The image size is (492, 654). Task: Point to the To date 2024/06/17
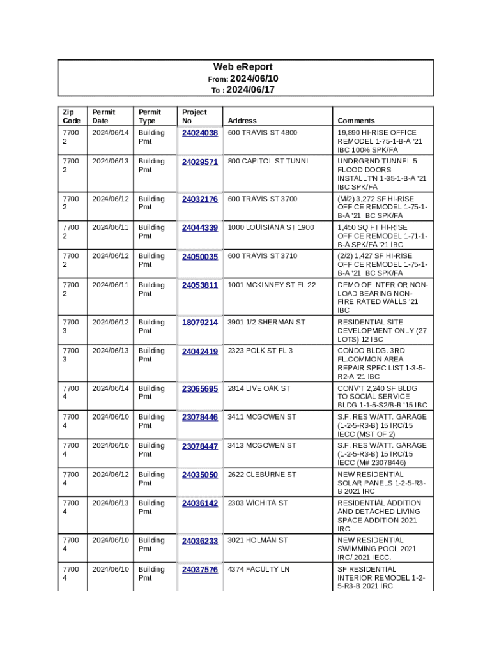pyautogui.click(x=252, y=90)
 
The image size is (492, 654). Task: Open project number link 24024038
pyautogui.click(x=199, y=133)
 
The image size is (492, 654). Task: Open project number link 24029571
pyautogui.click(x=199, y=162)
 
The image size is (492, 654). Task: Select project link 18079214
pyautogui.click(x=199, y=323)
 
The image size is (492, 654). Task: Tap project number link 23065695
pyautogui.click(x=199, y=388)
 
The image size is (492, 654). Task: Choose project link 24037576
pyautogui.click(x=199, y=569)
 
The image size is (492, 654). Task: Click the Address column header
pyautogui.click(x=242, y=121)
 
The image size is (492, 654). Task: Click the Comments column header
pyautogui.click(x=356, y=121)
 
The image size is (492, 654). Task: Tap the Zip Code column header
pyautogui.click(x=71, y=116)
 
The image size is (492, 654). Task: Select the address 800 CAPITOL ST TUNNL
pyautogui.click(x=268, y=162)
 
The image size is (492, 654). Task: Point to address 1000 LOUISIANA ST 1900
pyautogui.click(x=271, y=227)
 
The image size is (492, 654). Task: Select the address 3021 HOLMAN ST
pyautogui.click(x=258, y=540)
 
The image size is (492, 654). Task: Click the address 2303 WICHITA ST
pyautogui.click(x=258, y=503)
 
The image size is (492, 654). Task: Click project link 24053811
pyautogui.click(x=199, y=285)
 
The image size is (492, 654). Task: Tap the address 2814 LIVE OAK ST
pyautogui.click(x=259, y=388)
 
